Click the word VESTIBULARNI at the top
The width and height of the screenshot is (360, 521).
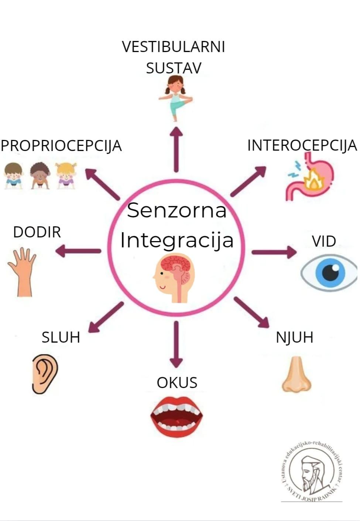173,47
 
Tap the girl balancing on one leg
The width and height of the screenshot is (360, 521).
175,97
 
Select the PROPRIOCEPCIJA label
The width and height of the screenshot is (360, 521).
61,146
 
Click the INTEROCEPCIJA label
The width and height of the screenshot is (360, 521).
302,145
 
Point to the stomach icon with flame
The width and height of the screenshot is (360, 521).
309,179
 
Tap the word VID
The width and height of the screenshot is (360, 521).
324,241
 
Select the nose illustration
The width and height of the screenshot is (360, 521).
296,375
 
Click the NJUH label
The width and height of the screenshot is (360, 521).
295,337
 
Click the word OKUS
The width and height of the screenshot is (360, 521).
177,383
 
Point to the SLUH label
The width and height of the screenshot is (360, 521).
61,337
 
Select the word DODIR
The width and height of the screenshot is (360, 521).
37,232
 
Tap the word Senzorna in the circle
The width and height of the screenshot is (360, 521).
176,210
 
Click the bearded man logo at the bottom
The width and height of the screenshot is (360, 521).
311,472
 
